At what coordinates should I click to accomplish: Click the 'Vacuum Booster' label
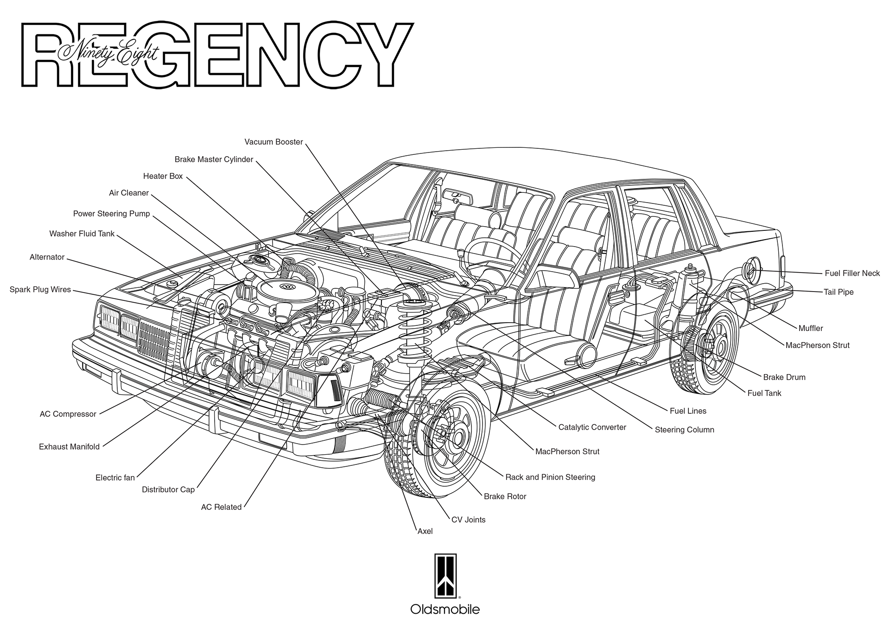point(273,142)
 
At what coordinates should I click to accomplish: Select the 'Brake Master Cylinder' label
point(214,159)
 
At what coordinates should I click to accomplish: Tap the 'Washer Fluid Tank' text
point(82,234)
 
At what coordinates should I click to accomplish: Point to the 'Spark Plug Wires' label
point(40,290)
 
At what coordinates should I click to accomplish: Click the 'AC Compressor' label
point(68,414)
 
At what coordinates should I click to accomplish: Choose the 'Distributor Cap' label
point(168,489)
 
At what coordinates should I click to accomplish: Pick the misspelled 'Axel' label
point(425,531)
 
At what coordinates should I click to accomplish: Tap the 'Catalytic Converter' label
point(592,427)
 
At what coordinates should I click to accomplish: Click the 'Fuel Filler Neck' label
point(852,273)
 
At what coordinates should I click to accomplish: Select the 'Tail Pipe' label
point(838,292)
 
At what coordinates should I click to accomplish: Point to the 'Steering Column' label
point(684,430)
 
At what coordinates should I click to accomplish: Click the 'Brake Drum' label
point(784,377)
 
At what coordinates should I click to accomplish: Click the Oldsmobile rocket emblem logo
point(445,576)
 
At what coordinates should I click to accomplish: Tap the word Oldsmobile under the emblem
point(445,609)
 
